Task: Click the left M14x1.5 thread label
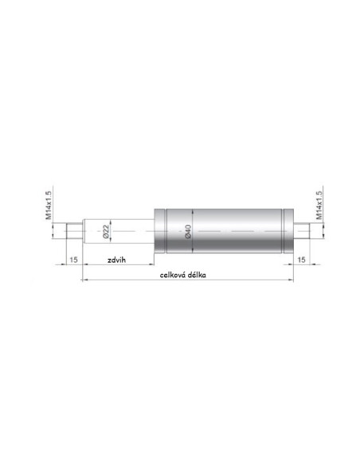(x=49, y=205)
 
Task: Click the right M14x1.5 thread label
(x=319, y=205)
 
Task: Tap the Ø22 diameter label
(x=106, y=232)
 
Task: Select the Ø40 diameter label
(x=188, y=232)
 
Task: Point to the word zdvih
(x=116, y=260)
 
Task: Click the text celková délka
(x=183, y=275)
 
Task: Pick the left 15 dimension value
(x=73, y=260)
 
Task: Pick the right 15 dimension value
(x=301, y=260)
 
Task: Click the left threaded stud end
(x=74, y=232)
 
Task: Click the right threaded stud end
(x=302, y=232)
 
